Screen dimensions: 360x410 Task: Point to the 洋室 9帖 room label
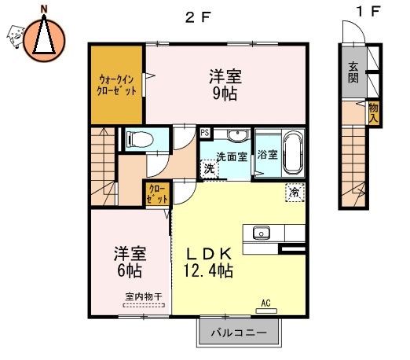225,85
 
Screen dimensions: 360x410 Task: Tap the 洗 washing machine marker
209,168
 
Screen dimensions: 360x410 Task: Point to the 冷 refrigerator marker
294,192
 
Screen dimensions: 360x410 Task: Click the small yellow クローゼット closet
156,193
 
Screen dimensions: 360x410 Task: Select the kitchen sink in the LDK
261,233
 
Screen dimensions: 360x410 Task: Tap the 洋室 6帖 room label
127,262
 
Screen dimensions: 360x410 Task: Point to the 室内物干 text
144,297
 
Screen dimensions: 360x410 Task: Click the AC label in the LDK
265,302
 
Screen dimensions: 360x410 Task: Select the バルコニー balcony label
237,332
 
